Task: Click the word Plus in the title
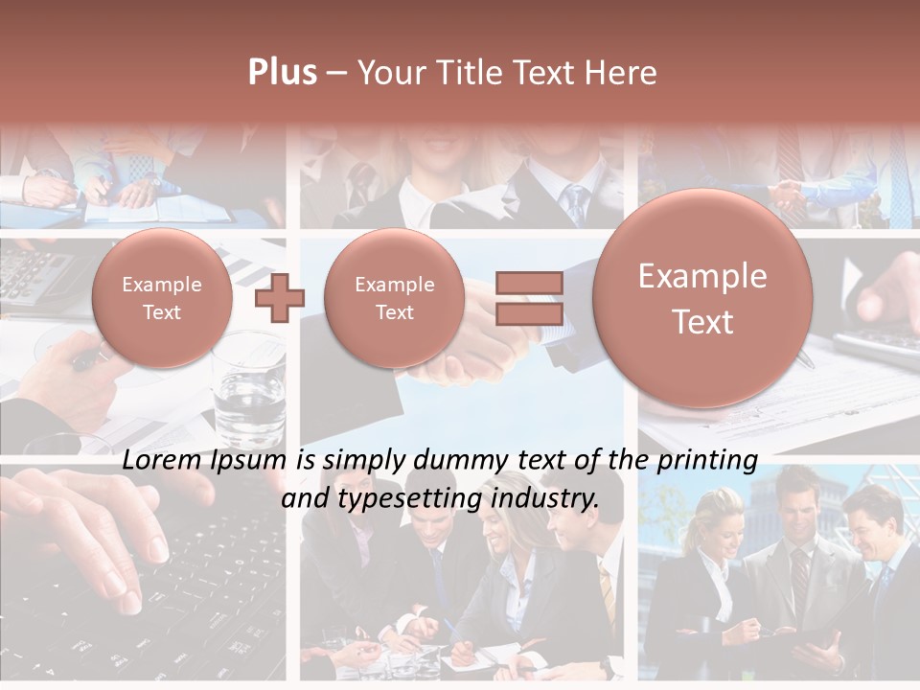tap(282, 73)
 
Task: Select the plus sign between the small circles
tap(280, 298)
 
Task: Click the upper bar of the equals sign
tap(529, 283)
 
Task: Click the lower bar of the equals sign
tap(529, 313)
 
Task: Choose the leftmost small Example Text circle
tap(162, 298)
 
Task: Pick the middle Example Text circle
tap(395, 298)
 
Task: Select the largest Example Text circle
tap(702, 298)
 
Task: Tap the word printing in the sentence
tap(707, 461)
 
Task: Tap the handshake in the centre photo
tap(479, 355)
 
